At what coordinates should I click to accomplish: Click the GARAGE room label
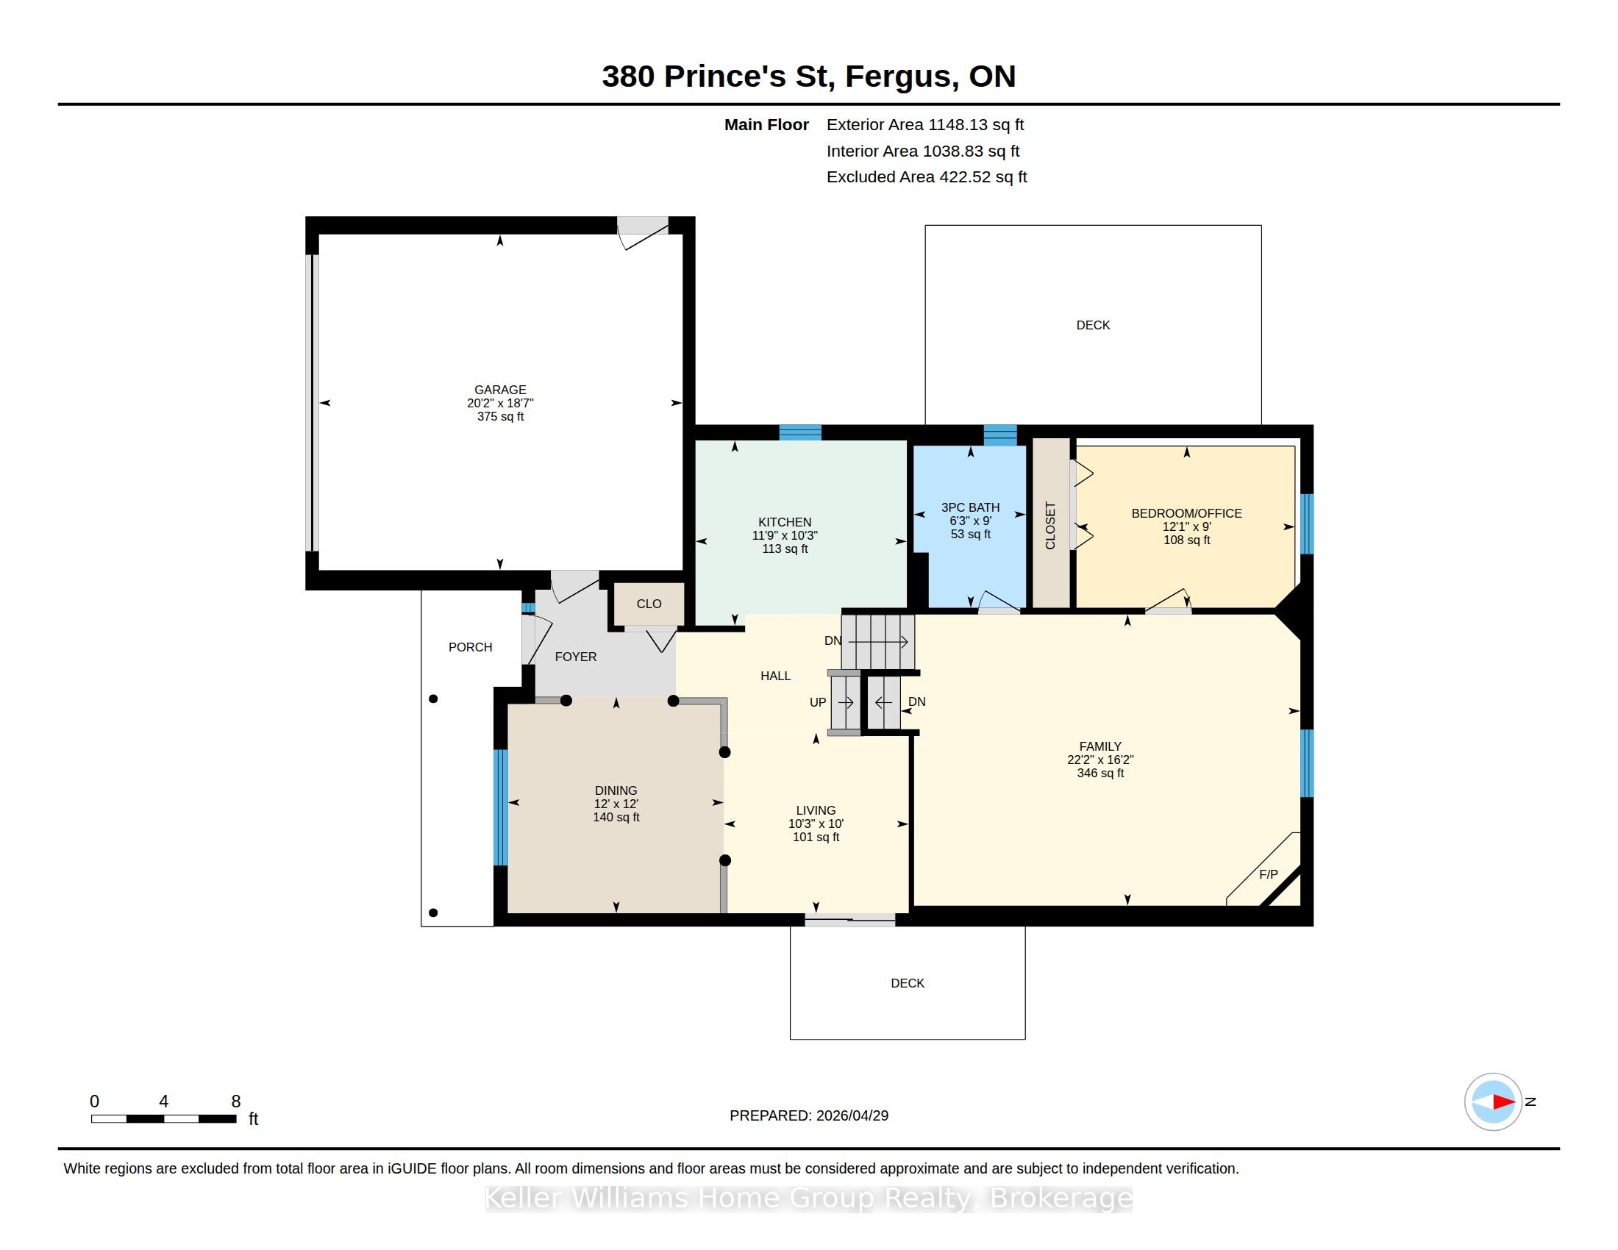click(x=500, y=390)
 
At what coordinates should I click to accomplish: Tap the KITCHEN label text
click(x=785, y=522)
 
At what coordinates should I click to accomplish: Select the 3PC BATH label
click(x=971, y=507)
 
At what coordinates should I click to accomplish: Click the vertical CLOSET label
click(x=1049, y=526)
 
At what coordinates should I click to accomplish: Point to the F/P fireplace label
click(x=1269, y=874)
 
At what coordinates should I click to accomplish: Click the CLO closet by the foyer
click(x=649, y=604)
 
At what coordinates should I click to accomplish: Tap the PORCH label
click(x=471, y=647)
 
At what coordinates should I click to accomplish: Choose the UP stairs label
click(x=818, y=702)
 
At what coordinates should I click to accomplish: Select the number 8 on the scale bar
click(x=236, y=1101)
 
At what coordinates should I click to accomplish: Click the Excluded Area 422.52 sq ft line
click(x=927, y=177)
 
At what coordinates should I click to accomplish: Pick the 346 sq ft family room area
click(x=1100, y=773)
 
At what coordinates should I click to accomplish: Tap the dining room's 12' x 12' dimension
click(x=616, y=804)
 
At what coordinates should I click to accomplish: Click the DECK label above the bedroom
click(x=1093, y=325)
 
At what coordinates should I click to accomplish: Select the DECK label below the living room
click(x=908, y=983)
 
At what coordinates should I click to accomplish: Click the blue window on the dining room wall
click(x=501, y=807)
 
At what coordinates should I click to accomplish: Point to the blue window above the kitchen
click(x=800, y=432)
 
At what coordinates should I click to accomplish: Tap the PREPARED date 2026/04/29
click(x=852, y=1115)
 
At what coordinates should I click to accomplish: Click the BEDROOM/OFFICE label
click(x=1187, y=513)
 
